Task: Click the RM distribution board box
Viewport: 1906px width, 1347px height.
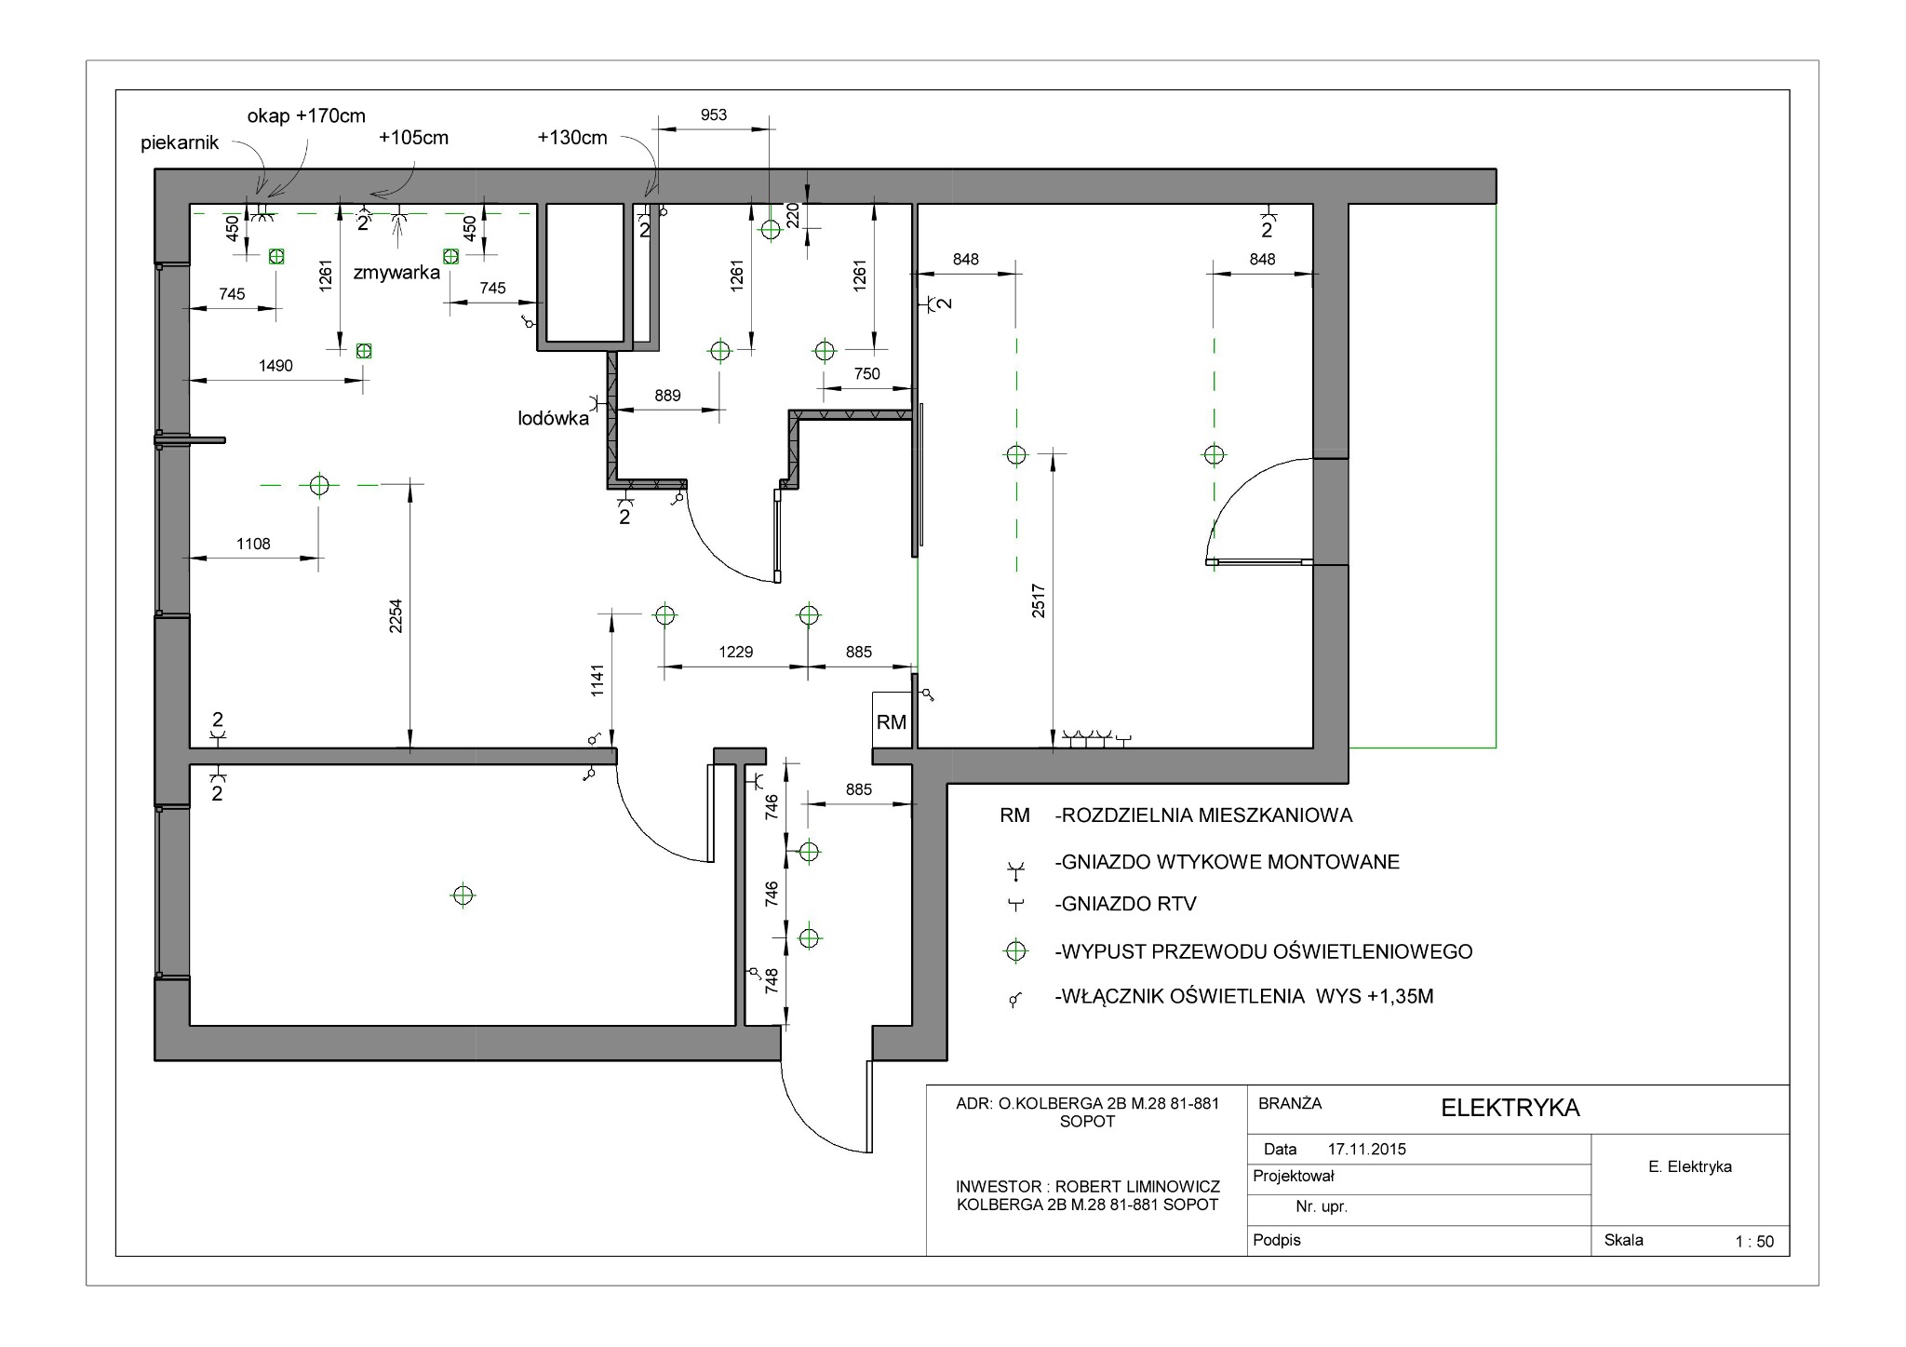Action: (891, 720)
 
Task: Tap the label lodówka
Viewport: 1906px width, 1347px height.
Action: (553, 419)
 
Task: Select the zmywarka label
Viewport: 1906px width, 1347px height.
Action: (396, 273)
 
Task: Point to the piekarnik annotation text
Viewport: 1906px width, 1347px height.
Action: (180, 142)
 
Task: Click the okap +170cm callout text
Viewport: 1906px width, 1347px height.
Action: (306, 116)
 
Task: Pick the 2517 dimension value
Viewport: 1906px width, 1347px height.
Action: (1039, 600)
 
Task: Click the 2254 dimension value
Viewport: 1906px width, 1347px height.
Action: (396, 615)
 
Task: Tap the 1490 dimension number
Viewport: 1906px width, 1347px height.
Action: (275, 366)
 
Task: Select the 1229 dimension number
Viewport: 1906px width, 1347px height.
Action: (735, 652)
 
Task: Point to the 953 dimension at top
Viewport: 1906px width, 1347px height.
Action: (714, 114)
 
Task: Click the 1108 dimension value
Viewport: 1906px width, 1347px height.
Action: (253, 544)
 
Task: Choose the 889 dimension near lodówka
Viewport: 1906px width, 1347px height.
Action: (667, 396)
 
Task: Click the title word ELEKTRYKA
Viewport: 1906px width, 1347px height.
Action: (1510, 1108)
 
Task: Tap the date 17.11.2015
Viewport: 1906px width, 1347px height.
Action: (1366, 1149)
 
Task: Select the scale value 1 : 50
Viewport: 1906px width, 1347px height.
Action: (1754, 1241)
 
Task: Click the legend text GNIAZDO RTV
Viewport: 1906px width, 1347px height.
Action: (1126, 903)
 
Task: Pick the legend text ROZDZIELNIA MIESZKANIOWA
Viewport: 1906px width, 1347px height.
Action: (1203, 815)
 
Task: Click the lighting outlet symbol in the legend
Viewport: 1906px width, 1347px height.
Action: (1015, 951)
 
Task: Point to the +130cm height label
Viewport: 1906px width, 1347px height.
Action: (572, 138)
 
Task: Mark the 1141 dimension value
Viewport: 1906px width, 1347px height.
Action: (597, 680)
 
